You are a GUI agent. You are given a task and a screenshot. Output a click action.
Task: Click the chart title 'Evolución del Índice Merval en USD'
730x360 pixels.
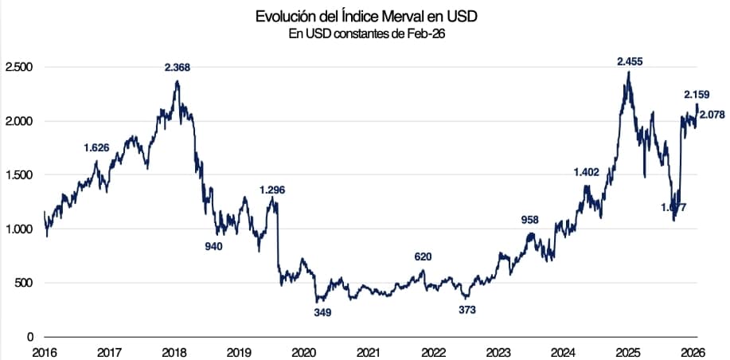point(366,17)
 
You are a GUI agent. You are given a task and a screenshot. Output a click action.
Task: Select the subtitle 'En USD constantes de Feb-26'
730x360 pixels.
point(366,33)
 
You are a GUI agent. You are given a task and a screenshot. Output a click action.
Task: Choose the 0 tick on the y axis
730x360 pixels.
point(29,337)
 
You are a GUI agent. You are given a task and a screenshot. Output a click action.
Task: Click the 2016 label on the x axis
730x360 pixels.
point(45,352)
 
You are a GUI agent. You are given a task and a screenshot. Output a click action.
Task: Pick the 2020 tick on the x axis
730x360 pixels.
point(303,352)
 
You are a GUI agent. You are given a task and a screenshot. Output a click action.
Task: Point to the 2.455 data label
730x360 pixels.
point(630,61)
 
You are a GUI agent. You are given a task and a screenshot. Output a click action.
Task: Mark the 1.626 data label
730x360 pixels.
point(96,147)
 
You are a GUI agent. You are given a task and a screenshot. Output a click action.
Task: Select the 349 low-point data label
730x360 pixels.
point(322,313)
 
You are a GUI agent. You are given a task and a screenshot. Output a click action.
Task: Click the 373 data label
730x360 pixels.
point(467,310)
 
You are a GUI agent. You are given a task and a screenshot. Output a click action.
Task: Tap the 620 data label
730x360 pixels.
point(424,256)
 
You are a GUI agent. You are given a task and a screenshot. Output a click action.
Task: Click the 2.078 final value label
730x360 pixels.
point(712,115)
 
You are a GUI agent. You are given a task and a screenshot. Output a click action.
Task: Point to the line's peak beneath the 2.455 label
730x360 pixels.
point(629,72)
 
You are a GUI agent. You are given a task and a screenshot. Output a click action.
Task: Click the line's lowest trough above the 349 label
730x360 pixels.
point(318,301)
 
